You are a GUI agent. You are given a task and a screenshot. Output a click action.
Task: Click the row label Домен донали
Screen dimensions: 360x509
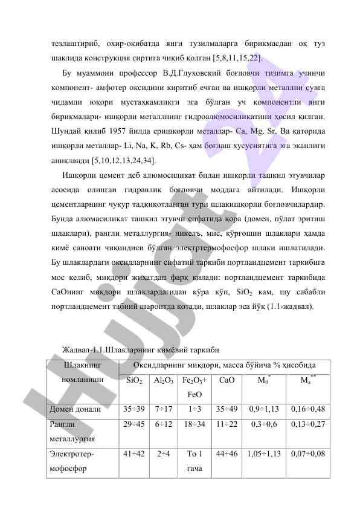tap(75, 409)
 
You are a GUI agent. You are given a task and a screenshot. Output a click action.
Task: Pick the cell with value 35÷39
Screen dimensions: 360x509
tap(133, 409)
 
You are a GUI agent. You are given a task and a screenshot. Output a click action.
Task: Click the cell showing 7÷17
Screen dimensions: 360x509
tap(164, 409)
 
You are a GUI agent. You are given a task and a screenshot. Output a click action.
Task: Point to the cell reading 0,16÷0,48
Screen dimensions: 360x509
tap(308, 409)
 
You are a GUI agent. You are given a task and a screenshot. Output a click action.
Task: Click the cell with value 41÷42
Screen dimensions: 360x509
tap(133, 453)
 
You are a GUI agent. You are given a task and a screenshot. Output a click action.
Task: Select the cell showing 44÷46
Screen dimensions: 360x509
tap(227, 453)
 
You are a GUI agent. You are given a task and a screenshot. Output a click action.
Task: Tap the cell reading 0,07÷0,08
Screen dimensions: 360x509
tap(308, 453)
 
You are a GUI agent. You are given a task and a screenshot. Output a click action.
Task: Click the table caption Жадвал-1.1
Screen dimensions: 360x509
tap(87, 350)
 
